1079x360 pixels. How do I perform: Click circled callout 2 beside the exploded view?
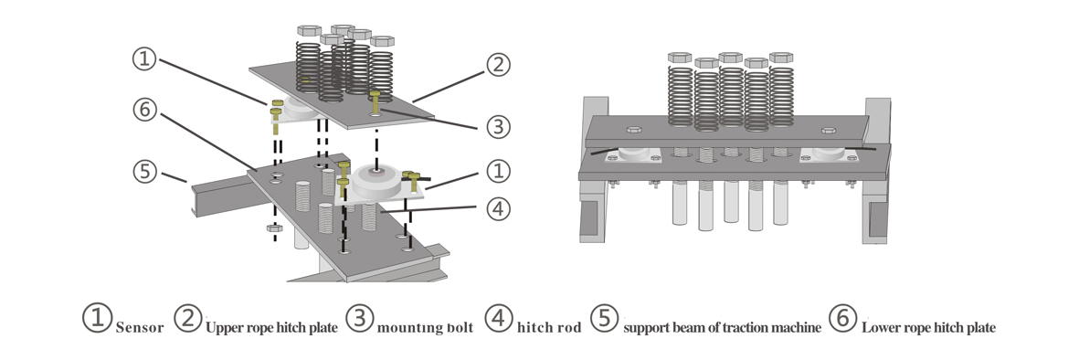point(498,65)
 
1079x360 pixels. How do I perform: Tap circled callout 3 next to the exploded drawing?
point(498,127)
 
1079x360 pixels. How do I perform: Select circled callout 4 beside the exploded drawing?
point(498,208)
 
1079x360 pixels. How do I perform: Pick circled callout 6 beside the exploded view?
point(144,110)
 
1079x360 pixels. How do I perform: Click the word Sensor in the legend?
point(140,328)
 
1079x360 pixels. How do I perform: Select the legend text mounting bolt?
point(425,328)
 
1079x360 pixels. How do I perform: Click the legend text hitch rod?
point(549,328)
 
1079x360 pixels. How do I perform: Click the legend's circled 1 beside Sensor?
point(98,318)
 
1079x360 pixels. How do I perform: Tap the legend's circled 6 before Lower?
point(843,318)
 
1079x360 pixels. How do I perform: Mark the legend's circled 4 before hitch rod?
point(499,318)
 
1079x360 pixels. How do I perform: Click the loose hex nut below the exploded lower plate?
point(275,228)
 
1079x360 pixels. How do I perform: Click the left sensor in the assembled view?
point(633,154)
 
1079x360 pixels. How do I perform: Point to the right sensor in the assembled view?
point(828,154)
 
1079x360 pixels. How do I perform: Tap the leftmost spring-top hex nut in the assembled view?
point(680,58)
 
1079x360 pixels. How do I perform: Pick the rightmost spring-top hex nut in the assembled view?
point(781,58)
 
